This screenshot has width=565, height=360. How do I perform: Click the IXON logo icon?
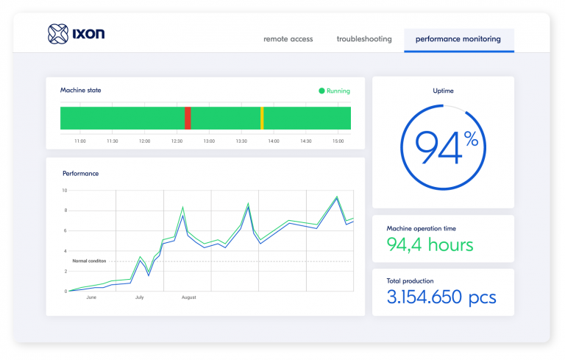point(57,33)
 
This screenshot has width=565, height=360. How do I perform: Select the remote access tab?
point(288,39)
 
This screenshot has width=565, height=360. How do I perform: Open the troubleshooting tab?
point(364,39)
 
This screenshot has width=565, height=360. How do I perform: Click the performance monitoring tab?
point(458,39)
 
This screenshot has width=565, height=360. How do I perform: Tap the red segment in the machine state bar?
point(188,118)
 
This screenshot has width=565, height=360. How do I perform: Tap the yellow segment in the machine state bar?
point(262,118)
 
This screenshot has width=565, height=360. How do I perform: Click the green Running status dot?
point(321,91)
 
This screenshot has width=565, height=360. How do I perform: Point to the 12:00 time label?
point(144,141)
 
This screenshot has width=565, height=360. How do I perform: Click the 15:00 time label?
point(338,141)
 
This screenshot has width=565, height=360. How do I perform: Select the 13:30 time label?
point(241,141)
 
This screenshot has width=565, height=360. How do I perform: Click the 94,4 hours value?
point(430,244)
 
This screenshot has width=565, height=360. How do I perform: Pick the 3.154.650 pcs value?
point(441,297)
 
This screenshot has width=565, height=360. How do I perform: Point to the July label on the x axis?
point(140,298)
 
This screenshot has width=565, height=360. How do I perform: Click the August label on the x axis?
point(188,298)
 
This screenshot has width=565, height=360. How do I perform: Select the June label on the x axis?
point(91,298)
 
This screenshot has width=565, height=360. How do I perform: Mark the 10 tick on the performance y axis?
point(64,191)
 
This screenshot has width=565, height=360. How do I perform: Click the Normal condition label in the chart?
point(89,261)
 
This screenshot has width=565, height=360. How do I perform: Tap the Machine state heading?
point(81,91)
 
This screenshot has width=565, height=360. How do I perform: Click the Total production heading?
point(410,280)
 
